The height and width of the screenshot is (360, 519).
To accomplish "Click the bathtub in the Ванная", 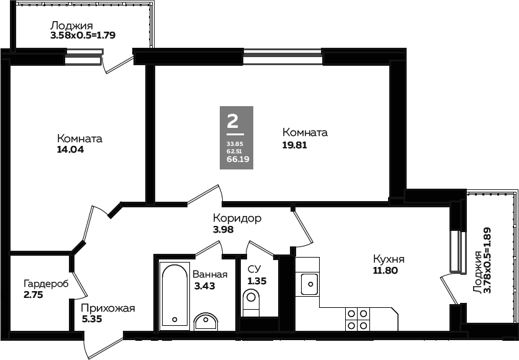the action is pyautogui.click(x=174, y=296).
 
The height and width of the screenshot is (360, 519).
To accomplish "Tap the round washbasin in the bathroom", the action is pyautogui.click(x=206, y=322).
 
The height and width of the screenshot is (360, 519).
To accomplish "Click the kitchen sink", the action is pyautogui.click(x=310, y=284).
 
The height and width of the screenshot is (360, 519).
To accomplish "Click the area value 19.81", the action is pyautogui.click(x=294, y=145).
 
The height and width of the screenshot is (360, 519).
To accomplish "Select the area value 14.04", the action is pyautogui.click(x=71, y=149).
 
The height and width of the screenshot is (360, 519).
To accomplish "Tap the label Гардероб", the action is pyautogui.click(x=46, y=284).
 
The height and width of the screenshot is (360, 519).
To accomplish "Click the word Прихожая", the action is pyautogui.click(x=108, y=308).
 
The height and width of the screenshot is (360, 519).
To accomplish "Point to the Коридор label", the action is pyautogui.click(x=237, y=218).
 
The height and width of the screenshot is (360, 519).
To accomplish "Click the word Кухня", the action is pyautogui.click(x=389, y=259).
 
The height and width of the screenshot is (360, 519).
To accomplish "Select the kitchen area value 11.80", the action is pyautogui.click(x=386, y=271).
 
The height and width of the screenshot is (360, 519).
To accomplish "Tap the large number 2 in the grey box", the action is pyautogui.click(x=233, y=121).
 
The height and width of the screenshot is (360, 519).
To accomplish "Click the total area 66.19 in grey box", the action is pyautogui.click(x=238, y=159).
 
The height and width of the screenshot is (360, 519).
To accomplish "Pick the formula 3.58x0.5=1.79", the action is pyautogui.click(x=83, y=35).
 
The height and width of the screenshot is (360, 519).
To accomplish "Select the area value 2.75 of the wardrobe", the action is pyautogui.click(x=34, y=294).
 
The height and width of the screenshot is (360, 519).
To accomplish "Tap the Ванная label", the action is pyautogui.click(x=210, y=274).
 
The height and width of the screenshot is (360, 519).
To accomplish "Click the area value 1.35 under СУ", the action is pyautogui.click(x=257, y=281).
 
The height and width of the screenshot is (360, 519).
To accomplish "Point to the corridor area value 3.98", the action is pyautogui.click(x=223, y=229).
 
